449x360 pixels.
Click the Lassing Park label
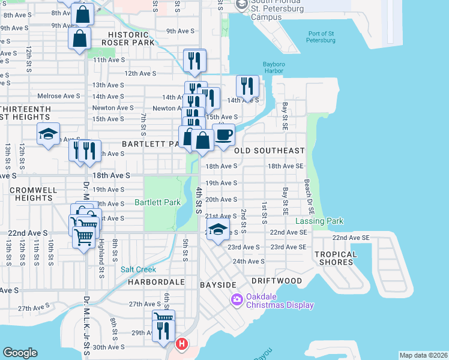tap(319, 221)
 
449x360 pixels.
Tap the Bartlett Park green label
tap(157, 202)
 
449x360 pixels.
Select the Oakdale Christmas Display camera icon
tap(237, 299)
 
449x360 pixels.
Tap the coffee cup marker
tap(224, 134)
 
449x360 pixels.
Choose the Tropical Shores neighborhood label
tap(336, 258)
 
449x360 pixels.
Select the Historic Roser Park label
tap(128, 39)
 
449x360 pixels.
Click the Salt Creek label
tap(138, 270)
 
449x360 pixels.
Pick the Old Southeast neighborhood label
tap(270, 151)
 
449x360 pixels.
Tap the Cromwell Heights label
tap(33, 194)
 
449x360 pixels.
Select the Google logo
tap(20, 353)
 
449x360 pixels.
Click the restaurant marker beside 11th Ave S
tap(194, 61)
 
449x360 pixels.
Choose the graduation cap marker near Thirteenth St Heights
tap(48, 134)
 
